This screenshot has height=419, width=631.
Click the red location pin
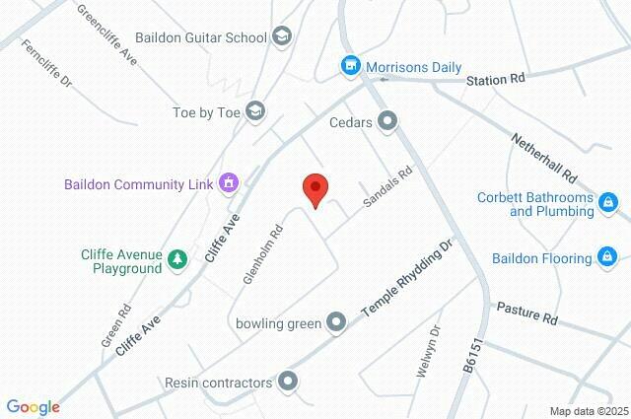point(315,188)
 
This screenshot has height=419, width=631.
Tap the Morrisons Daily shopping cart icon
point(349,66)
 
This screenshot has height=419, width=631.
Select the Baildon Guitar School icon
point(283,37)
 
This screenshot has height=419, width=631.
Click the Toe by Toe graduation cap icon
point(256,110)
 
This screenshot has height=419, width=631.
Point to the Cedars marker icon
point(388,122)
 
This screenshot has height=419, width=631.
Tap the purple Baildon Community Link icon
point(230,182)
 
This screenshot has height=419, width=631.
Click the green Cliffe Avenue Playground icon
point(177,259)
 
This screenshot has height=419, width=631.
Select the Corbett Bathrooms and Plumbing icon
point(609,203)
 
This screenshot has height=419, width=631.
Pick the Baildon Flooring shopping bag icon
point(609,258)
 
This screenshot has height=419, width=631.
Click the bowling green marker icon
point(336,321)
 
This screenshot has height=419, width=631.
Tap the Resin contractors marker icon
point(288,381)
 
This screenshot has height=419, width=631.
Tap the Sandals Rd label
point(386,184)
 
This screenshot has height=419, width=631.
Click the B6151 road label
point(474,354)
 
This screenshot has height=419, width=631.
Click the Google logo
point(33,406)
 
